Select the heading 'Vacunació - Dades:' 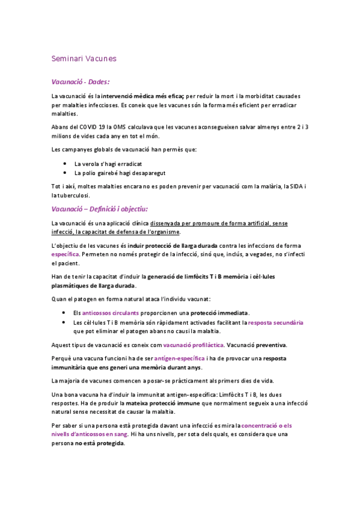pos(81,81)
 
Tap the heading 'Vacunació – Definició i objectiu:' pos(99,209)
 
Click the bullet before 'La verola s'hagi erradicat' pos(64,164)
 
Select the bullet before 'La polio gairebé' pos(64,173)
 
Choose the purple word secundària pos(285,322)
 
